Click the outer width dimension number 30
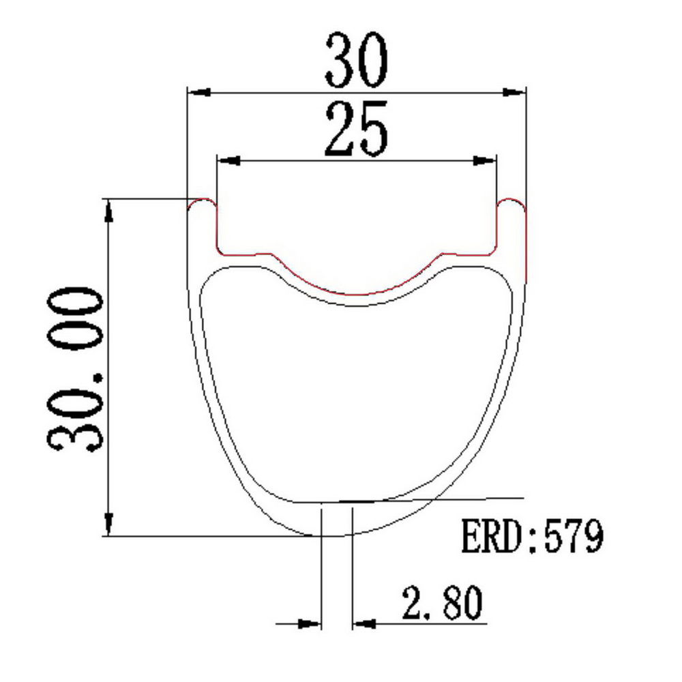point(356,60)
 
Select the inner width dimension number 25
point(356,129)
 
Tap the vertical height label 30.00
point(75,369)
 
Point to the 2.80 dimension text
point(443,603)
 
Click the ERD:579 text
point(532,535)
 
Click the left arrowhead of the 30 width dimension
point(199,92)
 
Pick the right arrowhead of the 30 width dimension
point(514,92)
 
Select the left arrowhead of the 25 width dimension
point(228,161)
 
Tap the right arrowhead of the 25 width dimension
point(484,161)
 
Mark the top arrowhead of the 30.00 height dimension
point(108,211)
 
